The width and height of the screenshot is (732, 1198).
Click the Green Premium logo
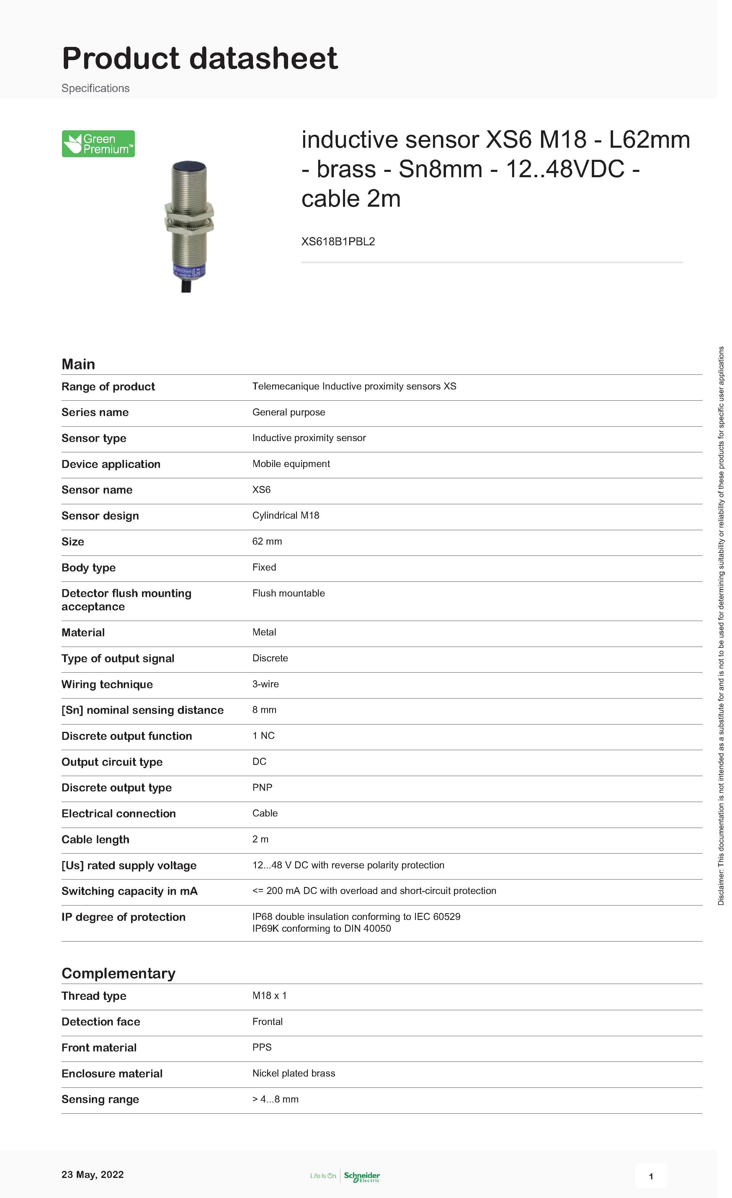(98, 144)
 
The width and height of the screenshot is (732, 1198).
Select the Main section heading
(78, 364)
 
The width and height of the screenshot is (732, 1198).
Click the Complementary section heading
(118, 973)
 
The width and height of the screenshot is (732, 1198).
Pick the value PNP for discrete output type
(262, 787)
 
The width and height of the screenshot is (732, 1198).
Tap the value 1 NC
(263, 736)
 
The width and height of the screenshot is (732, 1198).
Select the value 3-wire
(265, 684)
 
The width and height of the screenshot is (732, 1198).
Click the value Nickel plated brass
(293, 1073)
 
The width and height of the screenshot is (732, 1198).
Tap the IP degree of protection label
(124, 917)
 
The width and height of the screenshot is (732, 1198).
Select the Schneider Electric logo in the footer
(362, 1176)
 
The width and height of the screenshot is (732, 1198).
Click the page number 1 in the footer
(651, 1176)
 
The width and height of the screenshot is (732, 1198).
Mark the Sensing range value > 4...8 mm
(275, 1099)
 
